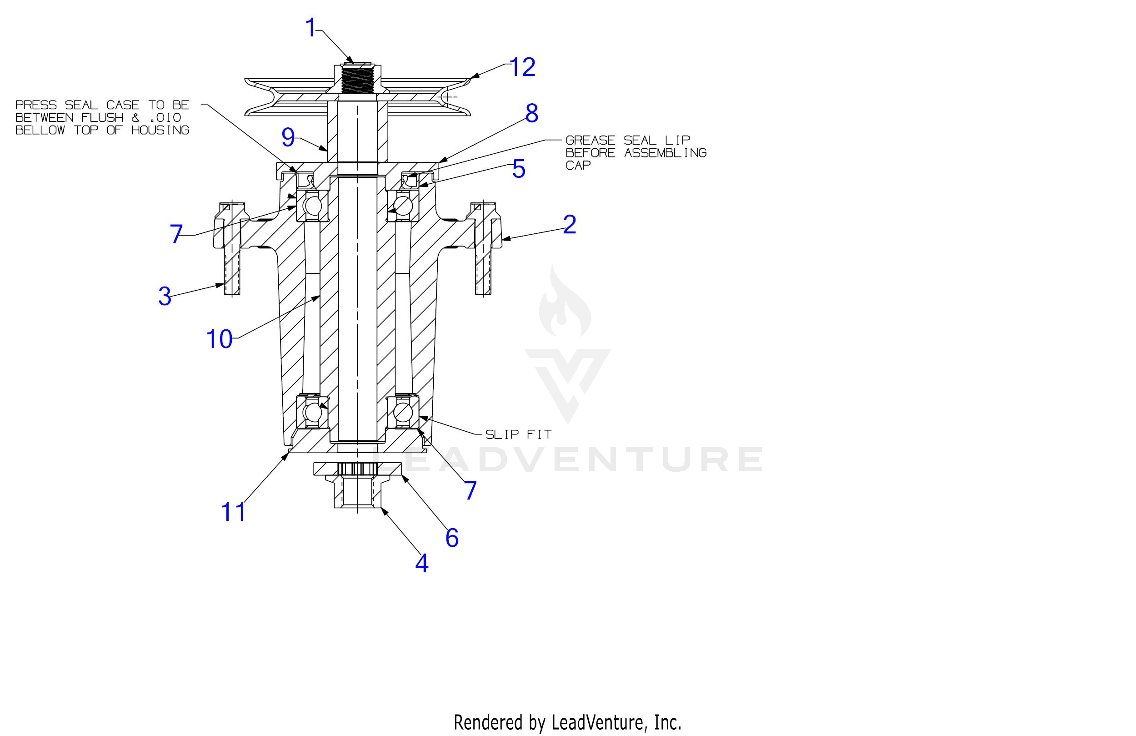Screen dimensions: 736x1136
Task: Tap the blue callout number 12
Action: coord(523,67)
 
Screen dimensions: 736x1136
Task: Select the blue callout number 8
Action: coord(532,113)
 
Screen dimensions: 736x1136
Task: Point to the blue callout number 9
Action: coord(288,137)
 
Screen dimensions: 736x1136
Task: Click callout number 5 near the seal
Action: coord(519,169)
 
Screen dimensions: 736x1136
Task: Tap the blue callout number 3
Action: coord(165,296)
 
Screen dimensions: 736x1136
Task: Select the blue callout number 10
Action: coord(219,339)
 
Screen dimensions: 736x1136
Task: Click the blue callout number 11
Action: coord(233,512)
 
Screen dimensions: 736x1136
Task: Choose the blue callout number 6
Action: coord(452,538)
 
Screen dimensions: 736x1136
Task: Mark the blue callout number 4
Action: coord(422,564)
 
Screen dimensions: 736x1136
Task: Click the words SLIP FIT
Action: coord(518,434)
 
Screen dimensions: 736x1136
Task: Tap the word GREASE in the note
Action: coord(591,141)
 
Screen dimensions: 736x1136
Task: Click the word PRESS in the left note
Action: coord(36,105)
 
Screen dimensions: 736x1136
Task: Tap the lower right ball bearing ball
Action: coord(403,411)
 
